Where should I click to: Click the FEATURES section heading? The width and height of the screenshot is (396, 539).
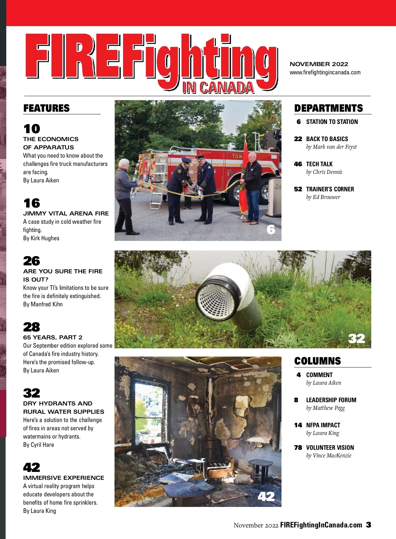[47, 108]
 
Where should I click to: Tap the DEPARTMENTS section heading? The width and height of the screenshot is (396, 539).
[328, 108]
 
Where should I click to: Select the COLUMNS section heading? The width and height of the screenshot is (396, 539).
[317, 361]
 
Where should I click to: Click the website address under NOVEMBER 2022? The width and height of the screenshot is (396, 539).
[325, 72]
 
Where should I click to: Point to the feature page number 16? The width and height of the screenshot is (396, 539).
[32, 203]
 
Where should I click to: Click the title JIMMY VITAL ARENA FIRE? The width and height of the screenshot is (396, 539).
[66, 213]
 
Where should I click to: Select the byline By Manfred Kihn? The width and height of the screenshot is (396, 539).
[43, 304]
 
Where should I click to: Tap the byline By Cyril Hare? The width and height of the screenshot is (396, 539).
[39, 445]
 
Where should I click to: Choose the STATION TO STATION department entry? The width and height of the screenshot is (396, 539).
[332, 122]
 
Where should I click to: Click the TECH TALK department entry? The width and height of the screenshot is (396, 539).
[319, 164]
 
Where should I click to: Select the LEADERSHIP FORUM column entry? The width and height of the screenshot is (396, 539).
[331, 400]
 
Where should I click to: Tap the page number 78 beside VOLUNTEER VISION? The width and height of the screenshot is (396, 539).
[298, 448]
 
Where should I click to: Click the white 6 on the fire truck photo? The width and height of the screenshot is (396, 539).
[271, 229]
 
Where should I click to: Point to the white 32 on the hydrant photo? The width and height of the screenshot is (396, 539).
[356, 339]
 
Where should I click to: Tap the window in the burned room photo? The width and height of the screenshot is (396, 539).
[149, 413]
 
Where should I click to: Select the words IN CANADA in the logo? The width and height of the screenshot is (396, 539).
[218, 88]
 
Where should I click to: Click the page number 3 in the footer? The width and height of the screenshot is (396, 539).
[368, 525]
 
